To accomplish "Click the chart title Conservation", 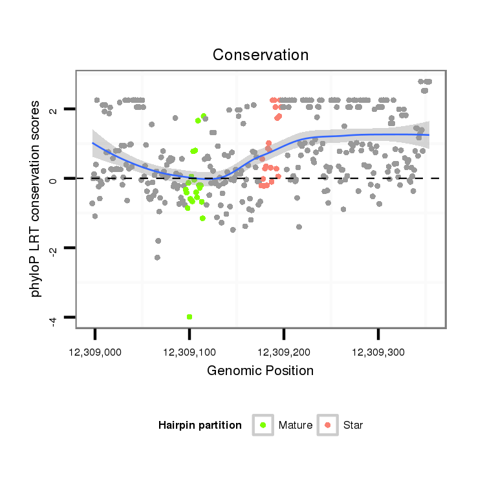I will pyautogui.click(x=261, y=55).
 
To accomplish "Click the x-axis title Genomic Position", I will pyautogui.click(x=260, y=371).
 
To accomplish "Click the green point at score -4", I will pyautogui.click(x=189, y=317).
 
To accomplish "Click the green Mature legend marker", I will pyautogui.click(x=263, y=425).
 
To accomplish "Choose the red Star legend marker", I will pyautogui.click(x=328, y=425).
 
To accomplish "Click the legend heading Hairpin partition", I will pyautogui.click(x=200, y=426).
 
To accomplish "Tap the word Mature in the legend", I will pyautogui.click(x=296, y=426).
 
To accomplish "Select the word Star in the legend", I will pyautogui.click(x=353, y=426).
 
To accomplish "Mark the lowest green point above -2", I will pyautogui.click(x=202, y=218).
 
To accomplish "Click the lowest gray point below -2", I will pyautogui.click(x=157, y=257).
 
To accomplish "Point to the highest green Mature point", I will pyautogui.click(x=204, y=116).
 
